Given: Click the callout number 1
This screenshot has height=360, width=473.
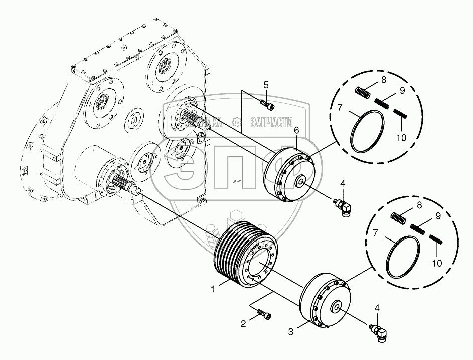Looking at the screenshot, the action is tap(213, 289).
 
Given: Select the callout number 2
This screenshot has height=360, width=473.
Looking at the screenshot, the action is tap(243, 324).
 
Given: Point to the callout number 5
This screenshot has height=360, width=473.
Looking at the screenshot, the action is tap(266, 84).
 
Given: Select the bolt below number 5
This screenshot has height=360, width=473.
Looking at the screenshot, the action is tap(266, 104).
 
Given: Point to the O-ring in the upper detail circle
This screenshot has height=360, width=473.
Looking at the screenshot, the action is tap(367, 132).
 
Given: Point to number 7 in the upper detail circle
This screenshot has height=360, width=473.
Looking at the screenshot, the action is tap(339, 108).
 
